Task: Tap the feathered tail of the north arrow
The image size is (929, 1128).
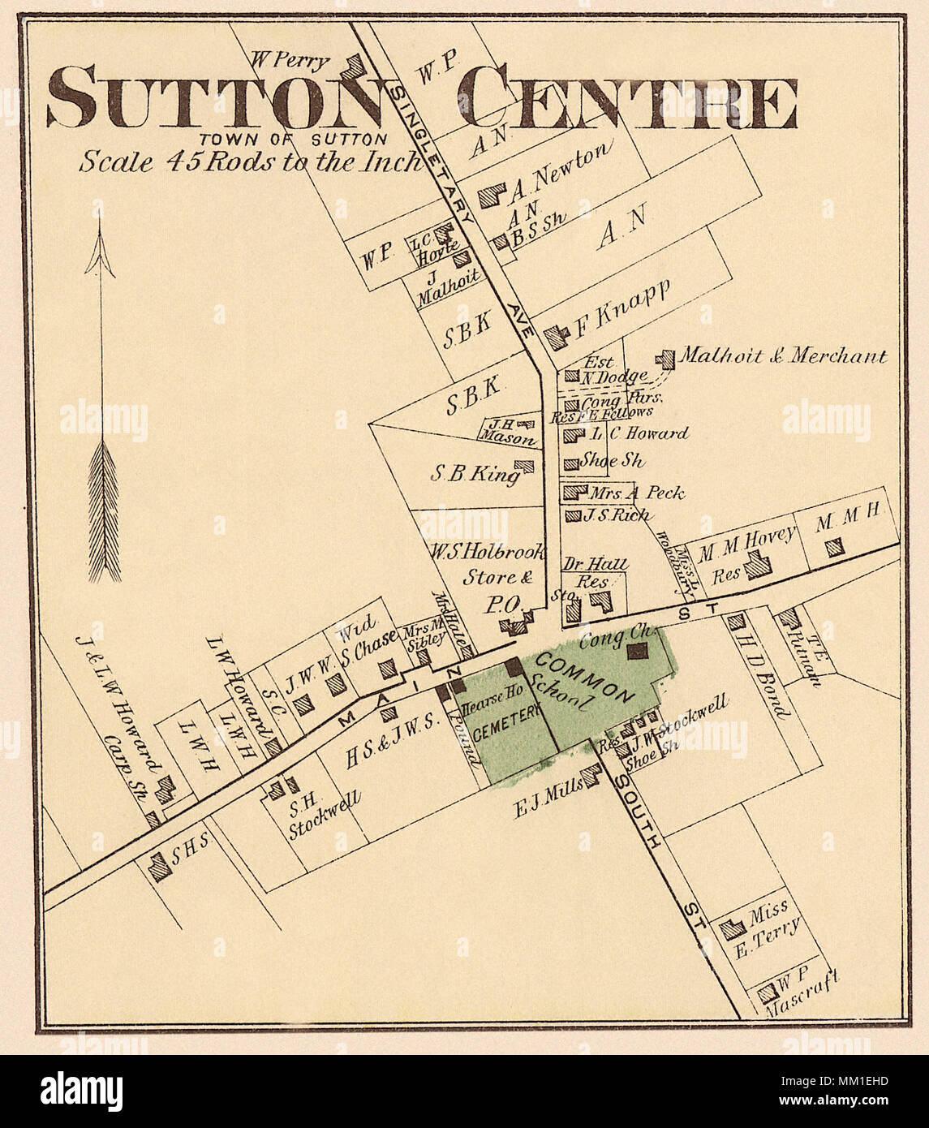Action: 104,511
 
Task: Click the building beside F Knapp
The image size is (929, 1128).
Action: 555,337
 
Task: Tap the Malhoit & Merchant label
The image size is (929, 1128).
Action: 782,355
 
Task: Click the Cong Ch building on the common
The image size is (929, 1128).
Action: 638,650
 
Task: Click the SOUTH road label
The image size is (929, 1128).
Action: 637,812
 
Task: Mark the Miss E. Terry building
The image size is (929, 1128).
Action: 733,928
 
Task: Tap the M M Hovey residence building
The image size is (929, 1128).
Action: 758,565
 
